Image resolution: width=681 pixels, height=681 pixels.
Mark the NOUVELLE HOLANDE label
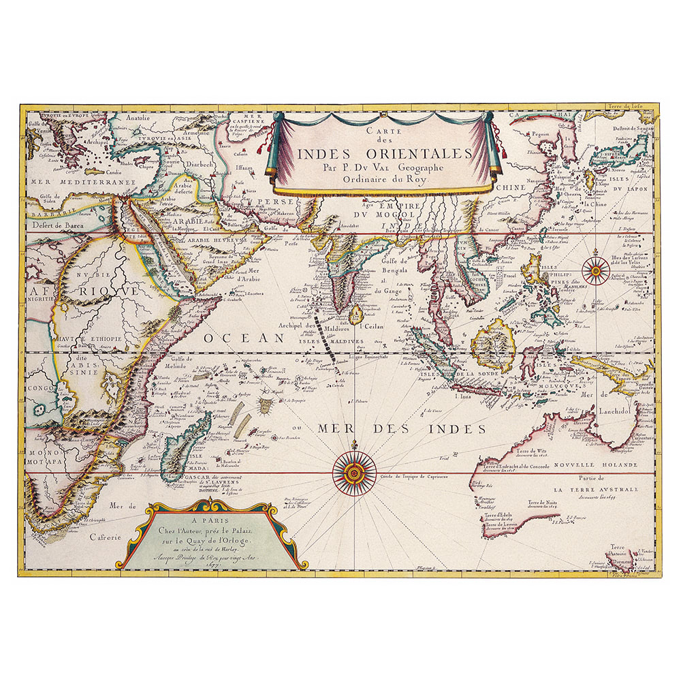pyautogui.click(x=595, y=465)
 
